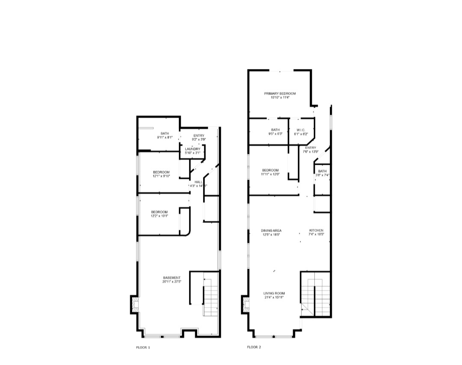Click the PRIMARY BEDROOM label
click(280, 93)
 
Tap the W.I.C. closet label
click(298, 130)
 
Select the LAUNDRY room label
click(192, 149)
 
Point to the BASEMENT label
click(172, 277)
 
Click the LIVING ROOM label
click(274, 293)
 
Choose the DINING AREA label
click(271, 231)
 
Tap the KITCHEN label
click(317, 231)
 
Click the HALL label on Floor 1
click(198, 182)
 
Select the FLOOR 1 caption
click(143, 347)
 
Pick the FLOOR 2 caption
click(254, 347)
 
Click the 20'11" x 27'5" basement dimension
click(172, 282)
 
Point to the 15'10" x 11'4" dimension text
click(280, 98)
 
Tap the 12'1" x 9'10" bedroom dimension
click(162, 176)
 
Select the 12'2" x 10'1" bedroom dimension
click(159, 216)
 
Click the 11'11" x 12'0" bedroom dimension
click(270, 174)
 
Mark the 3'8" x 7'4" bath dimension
click(322, 175)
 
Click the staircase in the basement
click(210, 295)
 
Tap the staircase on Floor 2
click(315, 295)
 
